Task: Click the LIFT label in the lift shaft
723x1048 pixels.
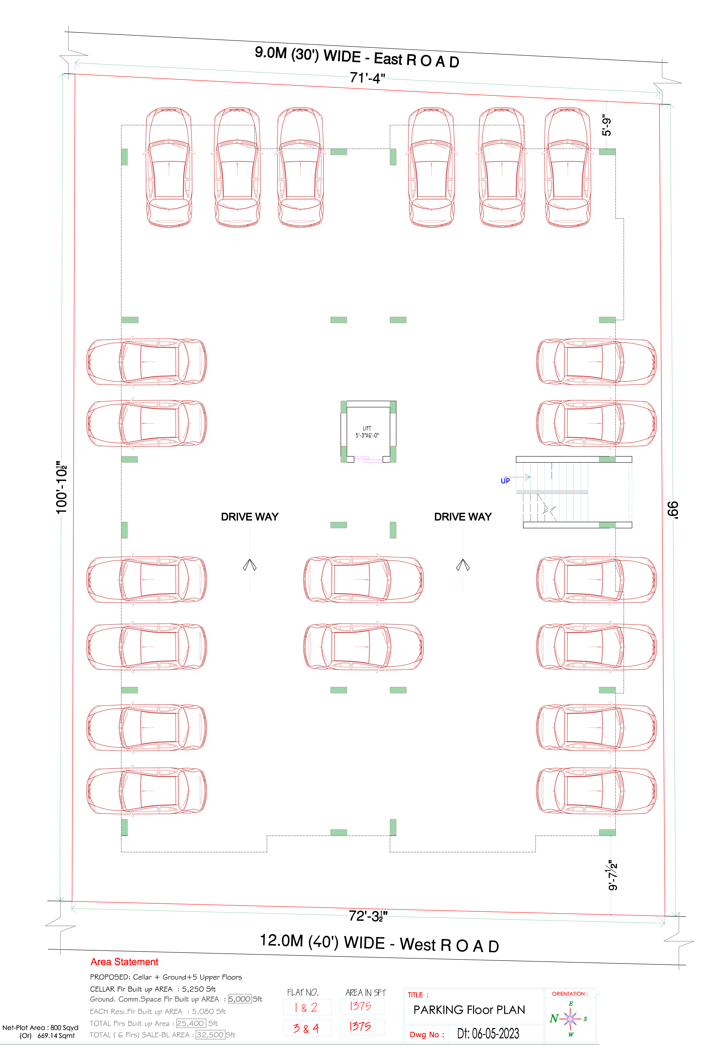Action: [367, 428]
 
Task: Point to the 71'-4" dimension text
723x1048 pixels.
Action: [367, 78]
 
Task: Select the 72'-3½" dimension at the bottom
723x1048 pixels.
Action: [368, 916]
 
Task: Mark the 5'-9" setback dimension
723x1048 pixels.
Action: [607, 125]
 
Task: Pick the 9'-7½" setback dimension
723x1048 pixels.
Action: [613, 875]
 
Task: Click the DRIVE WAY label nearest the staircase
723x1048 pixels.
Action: [463, 517]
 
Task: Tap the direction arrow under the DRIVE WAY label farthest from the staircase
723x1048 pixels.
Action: [250, 565]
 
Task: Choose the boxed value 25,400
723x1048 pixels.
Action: [191, 1023]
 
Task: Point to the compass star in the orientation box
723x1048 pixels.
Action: [570, 1019]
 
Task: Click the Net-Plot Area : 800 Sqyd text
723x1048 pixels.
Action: [40, 1028]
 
